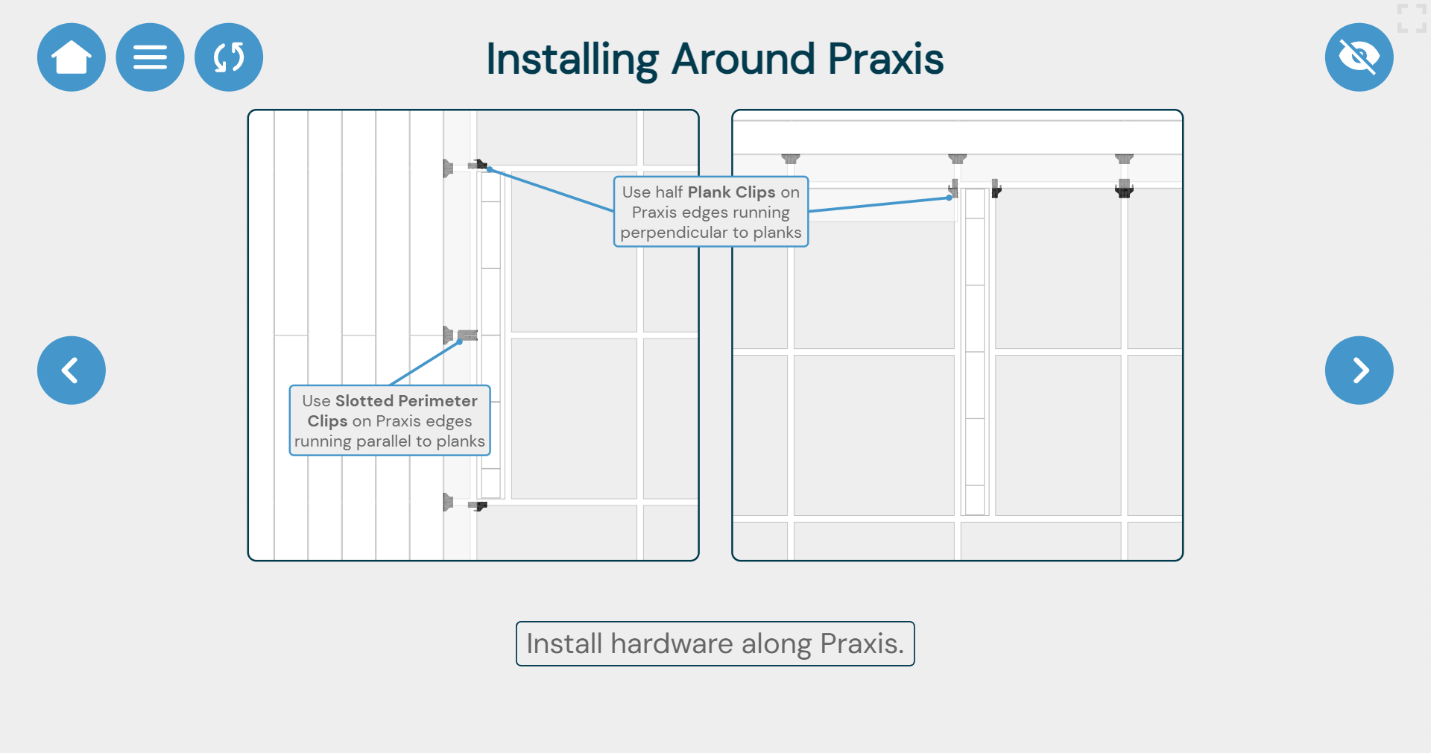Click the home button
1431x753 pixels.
(72, 57)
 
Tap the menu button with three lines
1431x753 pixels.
(150, 57)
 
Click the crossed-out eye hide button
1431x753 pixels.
(1359, 57)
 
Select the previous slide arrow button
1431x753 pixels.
(72, 371)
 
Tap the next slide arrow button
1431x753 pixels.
(1359, 371)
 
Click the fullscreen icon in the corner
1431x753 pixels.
(1411, 18)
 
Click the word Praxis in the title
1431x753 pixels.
(885, 59)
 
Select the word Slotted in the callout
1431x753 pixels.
(364, 401)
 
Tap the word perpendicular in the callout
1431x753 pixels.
(674, 233)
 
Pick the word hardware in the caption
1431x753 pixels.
(672, 643)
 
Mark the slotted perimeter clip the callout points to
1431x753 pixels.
(467, 335)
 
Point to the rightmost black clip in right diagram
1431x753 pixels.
(1124, 189)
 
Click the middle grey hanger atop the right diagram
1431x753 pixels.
(957, 159)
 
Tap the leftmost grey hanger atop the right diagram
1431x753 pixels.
(790, 159)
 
